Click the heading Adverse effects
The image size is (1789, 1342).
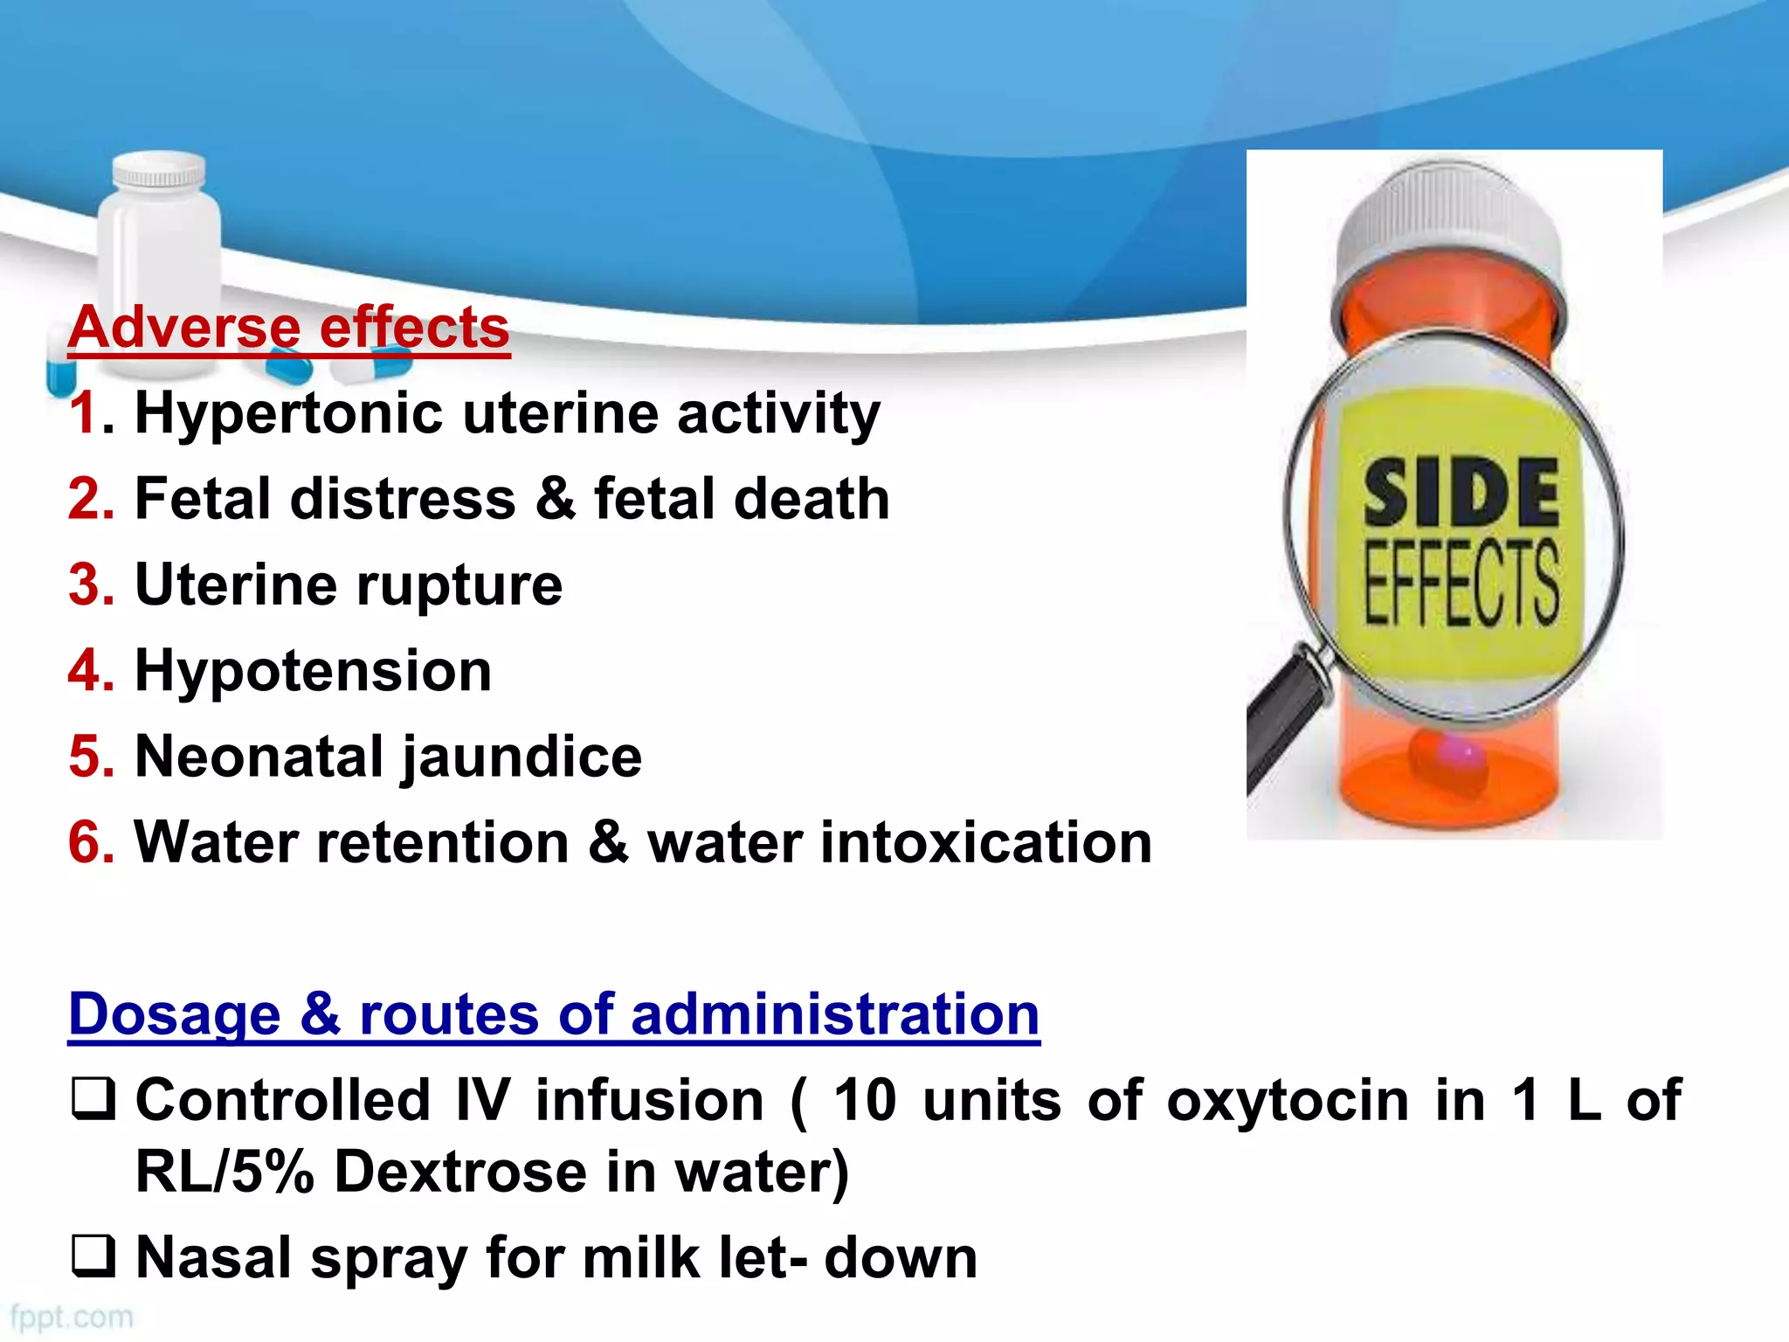click(x=288, y=328)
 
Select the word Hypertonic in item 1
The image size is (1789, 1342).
click(x=288, y=413)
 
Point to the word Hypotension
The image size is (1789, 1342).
click(x=313, y=671)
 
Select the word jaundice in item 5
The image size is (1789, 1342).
click(x=522, y=757)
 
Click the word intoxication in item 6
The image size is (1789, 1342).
click(x=986, y=842)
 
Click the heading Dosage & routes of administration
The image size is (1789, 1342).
click(x=554, y=1014)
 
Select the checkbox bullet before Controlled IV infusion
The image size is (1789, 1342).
click(x=93, y=1099)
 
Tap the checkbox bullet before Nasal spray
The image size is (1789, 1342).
click(x=93, y=1256)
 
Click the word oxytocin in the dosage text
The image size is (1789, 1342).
click(x=1288, y=1100)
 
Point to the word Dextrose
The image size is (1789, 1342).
click(x=459, y=1172)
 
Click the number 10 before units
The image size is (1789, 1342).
click(x=865, y=1100)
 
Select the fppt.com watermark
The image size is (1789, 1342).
click(x=72, y=1317)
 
